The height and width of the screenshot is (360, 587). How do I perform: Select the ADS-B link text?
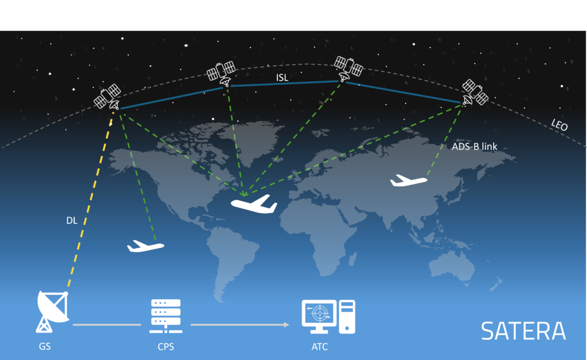point(474,147)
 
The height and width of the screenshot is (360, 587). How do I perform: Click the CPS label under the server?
point(165,347)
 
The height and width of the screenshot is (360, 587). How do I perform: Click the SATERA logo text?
point(523,331)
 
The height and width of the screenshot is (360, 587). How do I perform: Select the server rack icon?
point(166,316)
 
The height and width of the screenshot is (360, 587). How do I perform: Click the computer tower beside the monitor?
point(347,316)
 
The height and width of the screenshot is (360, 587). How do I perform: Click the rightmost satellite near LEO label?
point(475,92)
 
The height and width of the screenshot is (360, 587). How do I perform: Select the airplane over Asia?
point(409,181)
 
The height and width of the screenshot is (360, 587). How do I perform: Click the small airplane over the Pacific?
point(146,245)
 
